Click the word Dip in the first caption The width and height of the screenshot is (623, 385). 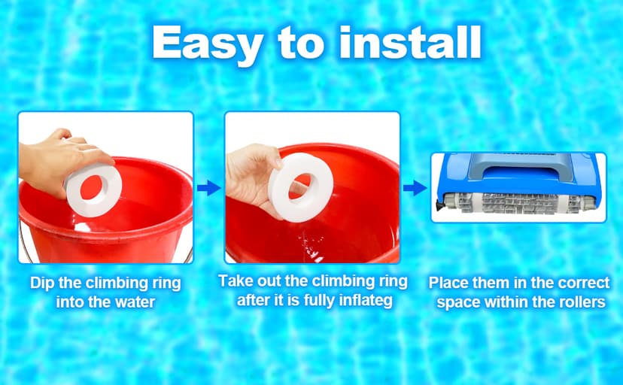click(x=42, y=283)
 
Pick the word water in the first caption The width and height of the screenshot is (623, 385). click(x=138, y=303)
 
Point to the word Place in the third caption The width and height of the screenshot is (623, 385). click(x=448, y=283)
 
